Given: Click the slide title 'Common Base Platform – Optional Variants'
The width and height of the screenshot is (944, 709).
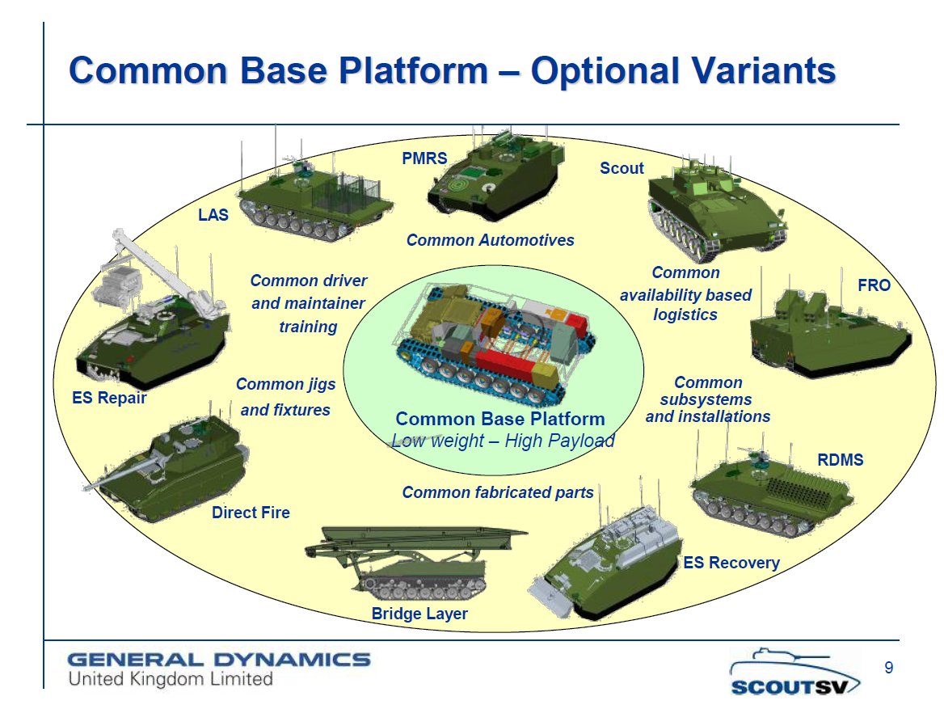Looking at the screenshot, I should pos(452,71).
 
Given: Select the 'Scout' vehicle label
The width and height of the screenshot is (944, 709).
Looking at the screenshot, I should pos(622,168).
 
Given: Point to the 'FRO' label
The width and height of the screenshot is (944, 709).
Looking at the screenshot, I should pos(874,285).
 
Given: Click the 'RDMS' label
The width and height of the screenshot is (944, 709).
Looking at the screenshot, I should pos(841,460).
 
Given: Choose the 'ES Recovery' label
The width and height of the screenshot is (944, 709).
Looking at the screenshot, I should pos(731,563).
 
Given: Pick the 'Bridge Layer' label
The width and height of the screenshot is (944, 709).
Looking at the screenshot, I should pos(419,614).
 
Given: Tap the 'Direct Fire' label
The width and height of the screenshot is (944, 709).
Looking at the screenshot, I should pos(251,513).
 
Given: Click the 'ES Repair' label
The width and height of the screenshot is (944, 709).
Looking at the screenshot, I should pos(110,398).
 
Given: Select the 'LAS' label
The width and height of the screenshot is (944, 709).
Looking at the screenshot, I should pos(213,215).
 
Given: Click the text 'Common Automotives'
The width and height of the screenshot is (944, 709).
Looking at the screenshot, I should pos(490,240).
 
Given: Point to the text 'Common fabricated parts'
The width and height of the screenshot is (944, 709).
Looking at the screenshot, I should pos(497,492).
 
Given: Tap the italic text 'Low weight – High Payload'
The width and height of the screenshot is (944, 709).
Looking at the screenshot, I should pos(503,441).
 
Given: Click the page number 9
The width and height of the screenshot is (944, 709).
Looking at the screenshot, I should pos(889,668).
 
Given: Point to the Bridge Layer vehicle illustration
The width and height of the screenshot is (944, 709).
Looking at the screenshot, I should pos(420,562).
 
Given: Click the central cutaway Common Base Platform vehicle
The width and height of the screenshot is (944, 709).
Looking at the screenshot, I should pos(493,340).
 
